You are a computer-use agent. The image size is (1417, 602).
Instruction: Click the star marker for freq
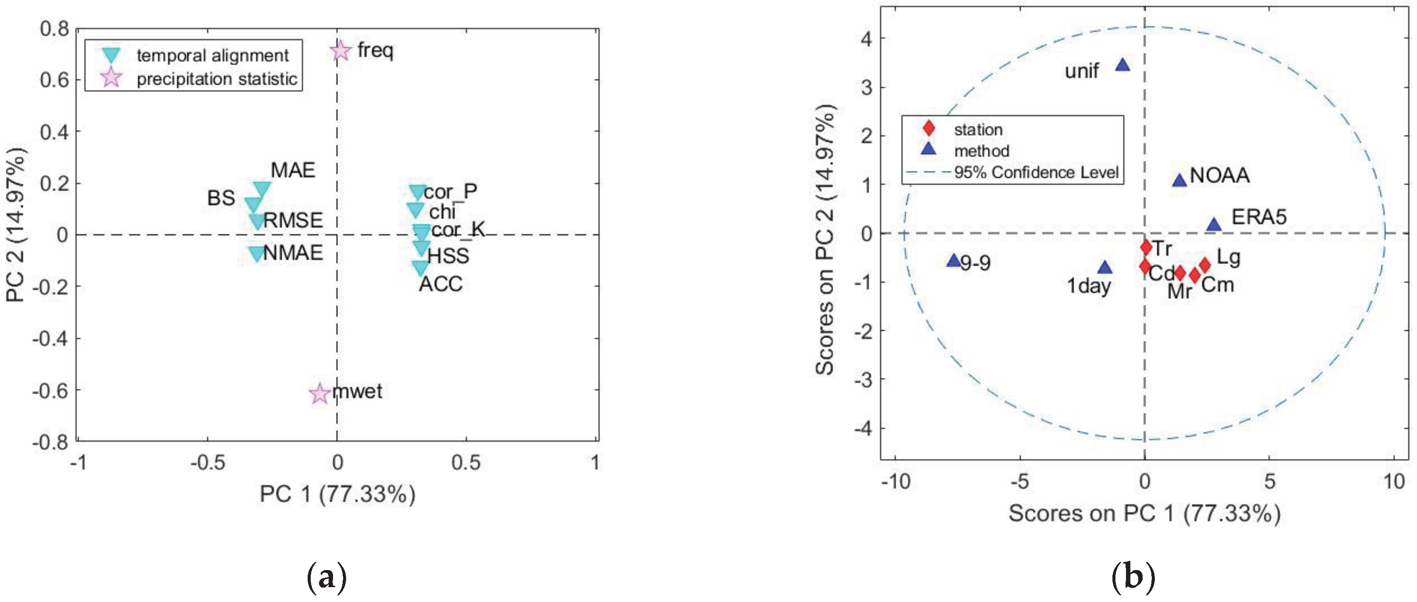[x=340, y=51]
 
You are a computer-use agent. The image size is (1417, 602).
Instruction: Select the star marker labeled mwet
[x=319, y=394]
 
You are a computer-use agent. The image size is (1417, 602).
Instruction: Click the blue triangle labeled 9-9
[x=953, y=261]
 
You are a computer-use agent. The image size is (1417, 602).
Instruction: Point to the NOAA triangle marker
[x=1179, y=181]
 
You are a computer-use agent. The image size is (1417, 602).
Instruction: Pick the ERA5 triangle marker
[x=1214, y=225]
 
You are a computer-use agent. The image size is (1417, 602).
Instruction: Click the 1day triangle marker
[x=1105, y=268]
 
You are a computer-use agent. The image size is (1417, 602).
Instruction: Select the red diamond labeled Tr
[x=1146, y=247]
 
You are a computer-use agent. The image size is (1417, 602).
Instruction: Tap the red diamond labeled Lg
[x=1205, y=266]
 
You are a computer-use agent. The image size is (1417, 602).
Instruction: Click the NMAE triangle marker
[x=256, y=253]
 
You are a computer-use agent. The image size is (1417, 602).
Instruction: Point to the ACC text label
[x=441, y=284]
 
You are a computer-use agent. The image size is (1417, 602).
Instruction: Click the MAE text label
[x=293, y=171]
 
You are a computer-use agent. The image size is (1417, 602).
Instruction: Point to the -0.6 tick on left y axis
[x=51, y=391]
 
